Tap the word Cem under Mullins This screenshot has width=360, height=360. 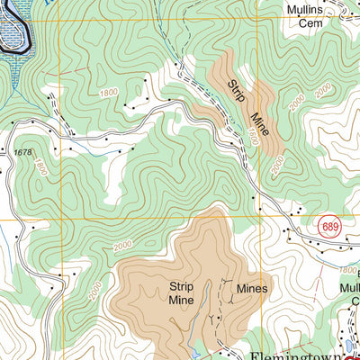pos(310,23)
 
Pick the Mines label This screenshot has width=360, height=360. pos(252,288)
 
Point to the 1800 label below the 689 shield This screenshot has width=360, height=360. pos(347,269)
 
